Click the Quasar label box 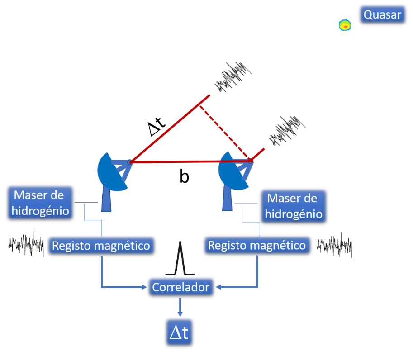pyautogui.click(x=382, y=15)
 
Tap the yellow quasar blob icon pyautogui.click(x=345, y=25)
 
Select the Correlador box pyautogui.click(x=181, y=287)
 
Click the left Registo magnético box pyautogui.click(x=101, y=246)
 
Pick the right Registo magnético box pyautogui.click(x=256, y=245)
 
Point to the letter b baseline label pyautogui.click(x=184, y=177)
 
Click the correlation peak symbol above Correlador pyautogui.click(x=180, y=260)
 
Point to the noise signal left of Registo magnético pyautogui.click(x=26, y=244)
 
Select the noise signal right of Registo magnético pyautogui.click(x=335, y=246)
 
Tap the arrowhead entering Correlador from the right pyautogui.click(x=219, y=287)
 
